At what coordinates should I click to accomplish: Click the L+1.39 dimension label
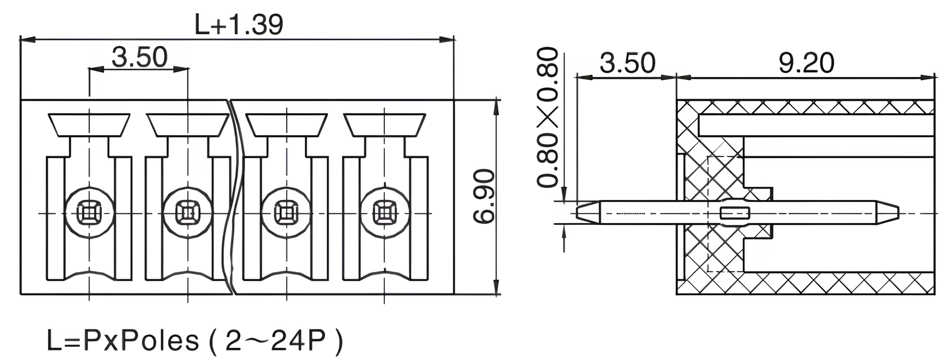[238, 25]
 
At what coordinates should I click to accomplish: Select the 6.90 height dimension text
[485, 196]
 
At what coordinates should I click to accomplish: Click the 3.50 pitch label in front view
[139, 57]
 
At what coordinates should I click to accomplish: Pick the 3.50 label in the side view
[627, 63]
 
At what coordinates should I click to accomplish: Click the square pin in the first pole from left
[89, 213]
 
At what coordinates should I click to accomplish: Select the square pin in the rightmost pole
[384, 213]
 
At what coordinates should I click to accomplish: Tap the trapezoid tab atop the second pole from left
[187, 125]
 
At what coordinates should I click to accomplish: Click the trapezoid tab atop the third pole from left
[286, 125]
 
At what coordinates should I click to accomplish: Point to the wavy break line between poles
[233, 194]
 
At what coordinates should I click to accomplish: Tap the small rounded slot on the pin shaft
[735, 213]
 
